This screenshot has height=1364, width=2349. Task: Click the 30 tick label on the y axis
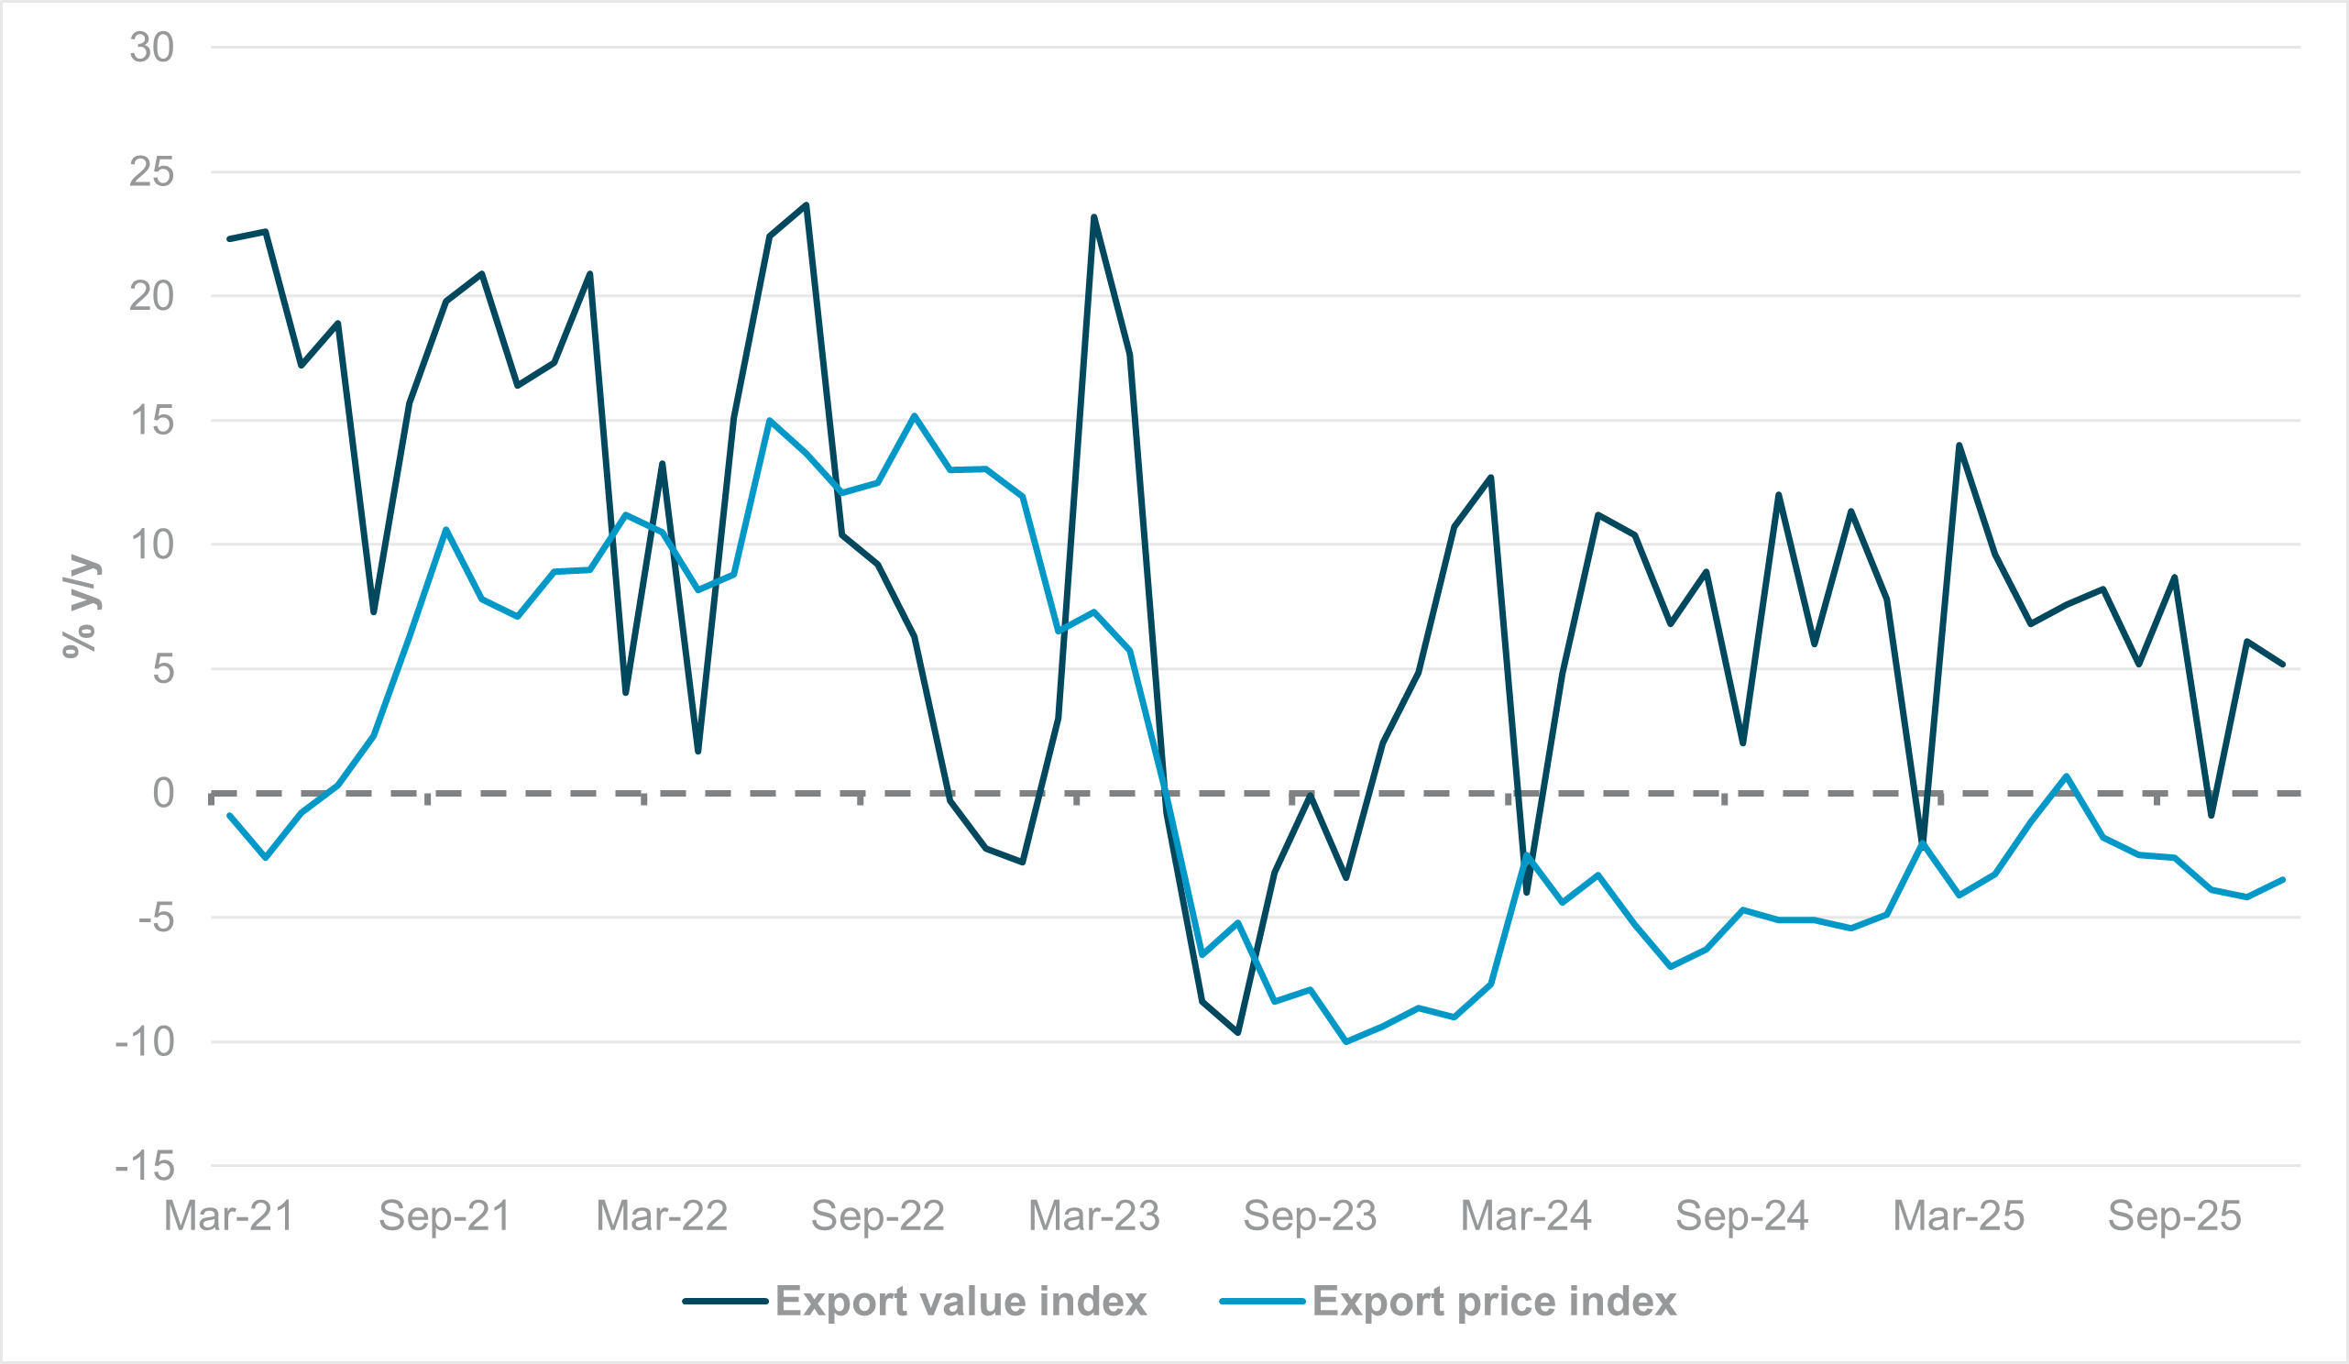[x=152, y=48]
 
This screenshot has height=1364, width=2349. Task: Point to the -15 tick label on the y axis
[x=145, y=1166]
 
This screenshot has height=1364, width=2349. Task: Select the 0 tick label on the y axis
[x=163, y=794]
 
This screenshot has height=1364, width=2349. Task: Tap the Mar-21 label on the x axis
[x=229, y=1216]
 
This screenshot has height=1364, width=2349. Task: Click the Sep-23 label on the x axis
[x=1310, y=1216]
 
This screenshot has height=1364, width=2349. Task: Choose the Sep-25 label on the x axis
[x=2175, y=1216]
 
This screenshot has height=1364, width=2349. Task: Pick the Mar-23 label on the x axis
[x=1093, y=1216]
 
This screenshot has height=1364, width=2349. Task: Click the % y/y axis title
[x=81, y=607]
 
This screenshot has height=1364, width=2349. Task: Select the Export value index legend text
[x=960, y=1302]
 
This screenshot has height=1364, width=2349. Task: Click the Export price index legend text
[x=1494, y=1302]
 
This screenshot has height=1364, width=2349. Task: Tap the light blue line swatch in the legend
[x=1261, y=1302]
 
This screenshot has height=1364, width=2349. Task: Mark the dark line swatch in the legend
[x=724, y=1302]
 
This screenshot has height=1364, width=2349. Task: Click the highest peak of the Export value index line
[x=807, y=205]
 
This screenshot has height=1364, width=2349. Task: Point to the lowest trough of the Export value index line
[x=1238, y=1033]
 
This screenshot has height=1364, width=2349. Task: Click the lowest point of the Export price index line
[x=1346, y=1042]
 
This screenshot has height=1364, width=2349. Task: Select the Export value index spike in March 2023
[x=1093, y=217]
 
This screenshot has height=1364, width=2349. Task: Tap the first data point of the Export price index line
[x=229, y=816]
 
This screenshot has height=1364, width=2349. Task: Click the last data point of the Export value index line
[x=2283, y=665]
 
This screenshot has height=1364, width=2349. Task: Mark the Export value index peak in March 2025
[x=1959, y=445]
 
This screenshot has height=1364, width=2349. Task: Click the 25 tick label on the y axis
[x=152, y=172]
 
